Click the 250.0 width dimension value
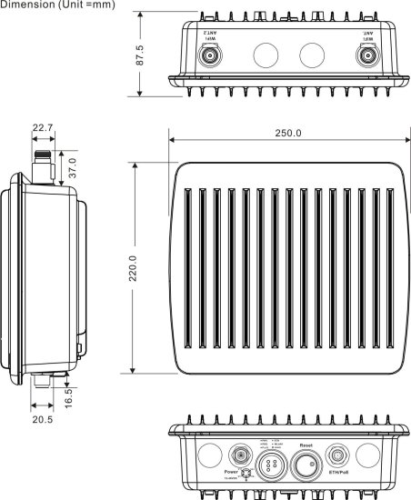click(x=287, y=134)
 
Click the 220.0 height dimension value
click(x=134, y=269)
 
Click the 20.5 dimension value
click(x=41, y=420)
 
